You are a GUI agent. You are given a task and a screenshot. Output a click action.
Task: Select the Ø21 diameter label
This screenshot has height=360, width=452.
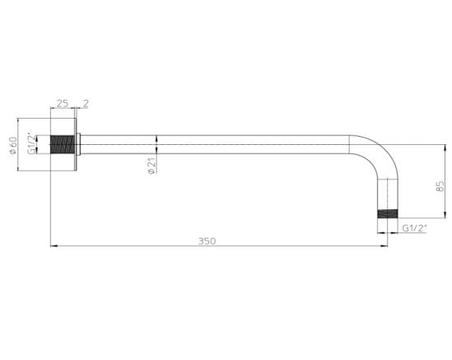pos(152,166)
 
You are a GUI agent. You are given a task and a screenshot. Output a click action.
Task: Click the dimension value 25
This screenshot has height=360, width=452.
pos(63,104)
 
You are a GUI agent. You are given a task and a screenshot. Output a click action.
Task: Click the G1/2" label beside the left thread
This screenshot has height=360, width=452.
pos(33,144)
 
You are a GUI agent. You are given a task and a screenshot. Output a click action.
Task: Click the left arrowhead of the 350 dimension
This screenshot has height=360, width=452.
pos(53,245)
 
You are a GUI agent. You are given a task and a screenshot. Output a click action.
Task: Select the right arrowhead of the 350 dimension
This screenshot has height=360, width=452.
pos(384,245)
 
